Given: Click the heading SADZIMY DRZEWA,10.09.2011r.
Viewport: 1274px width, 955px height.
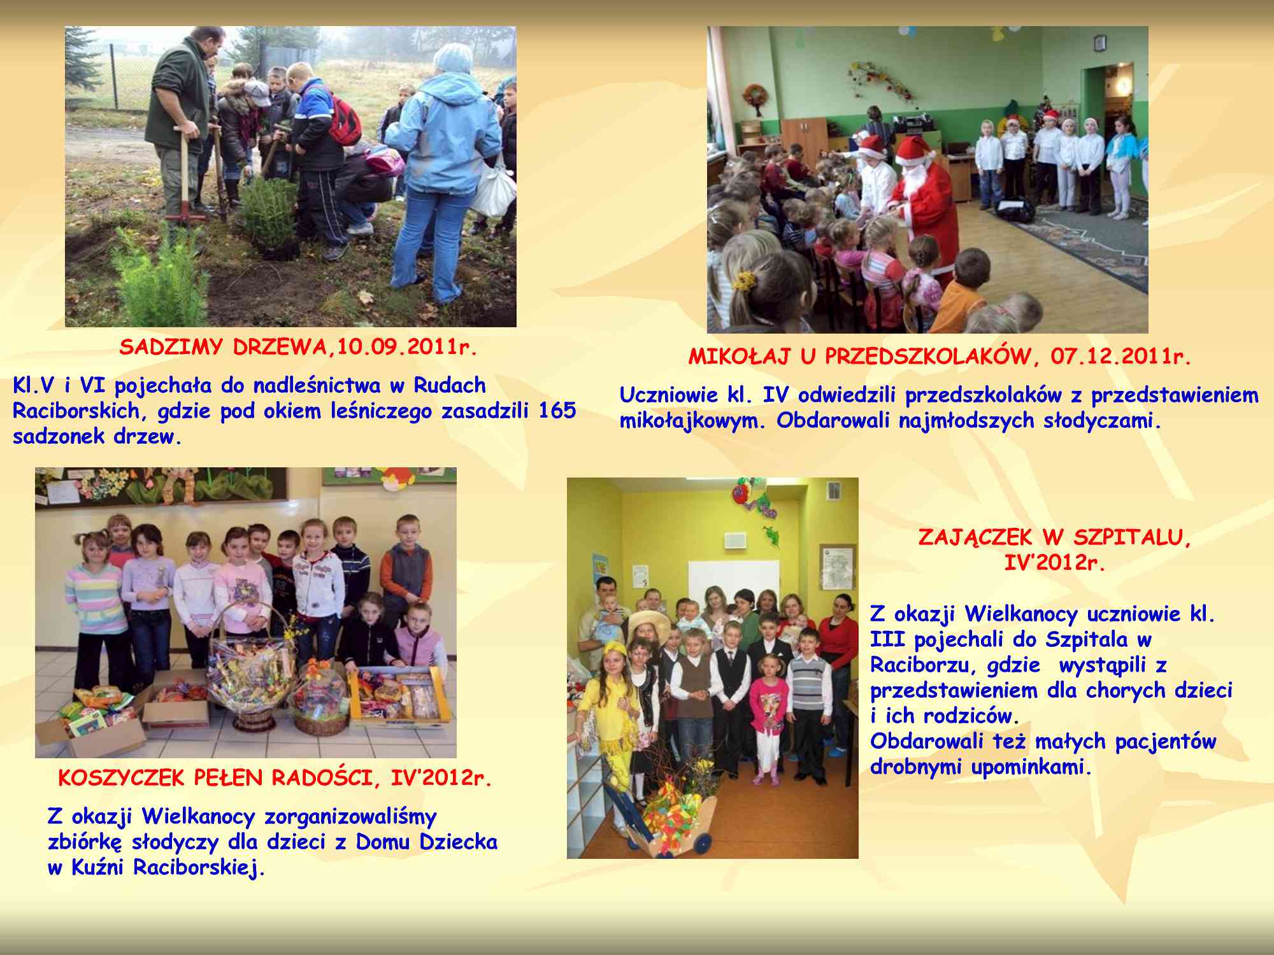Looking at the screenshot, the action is (298, 348).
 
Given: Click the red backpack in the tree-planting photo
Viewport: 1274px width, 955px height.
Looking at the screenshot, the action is (345, 119).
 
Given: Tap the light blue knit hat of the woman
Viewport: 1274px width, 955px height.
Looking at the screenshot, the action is (454, 57).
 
